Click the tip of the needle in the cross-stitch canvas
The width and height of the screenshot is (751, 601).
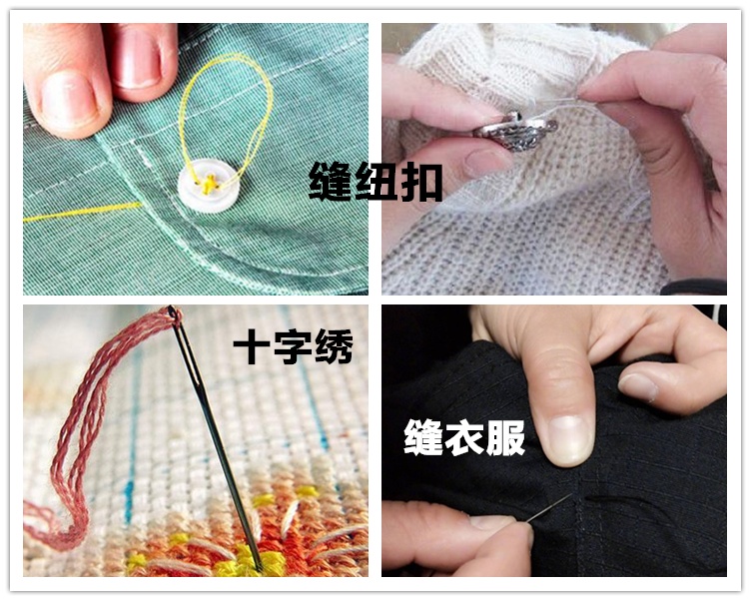259,566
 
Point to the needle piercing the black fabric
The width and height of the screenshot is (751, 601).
548,509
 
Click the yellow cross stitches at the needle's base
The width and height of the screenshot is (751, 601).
245,559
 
